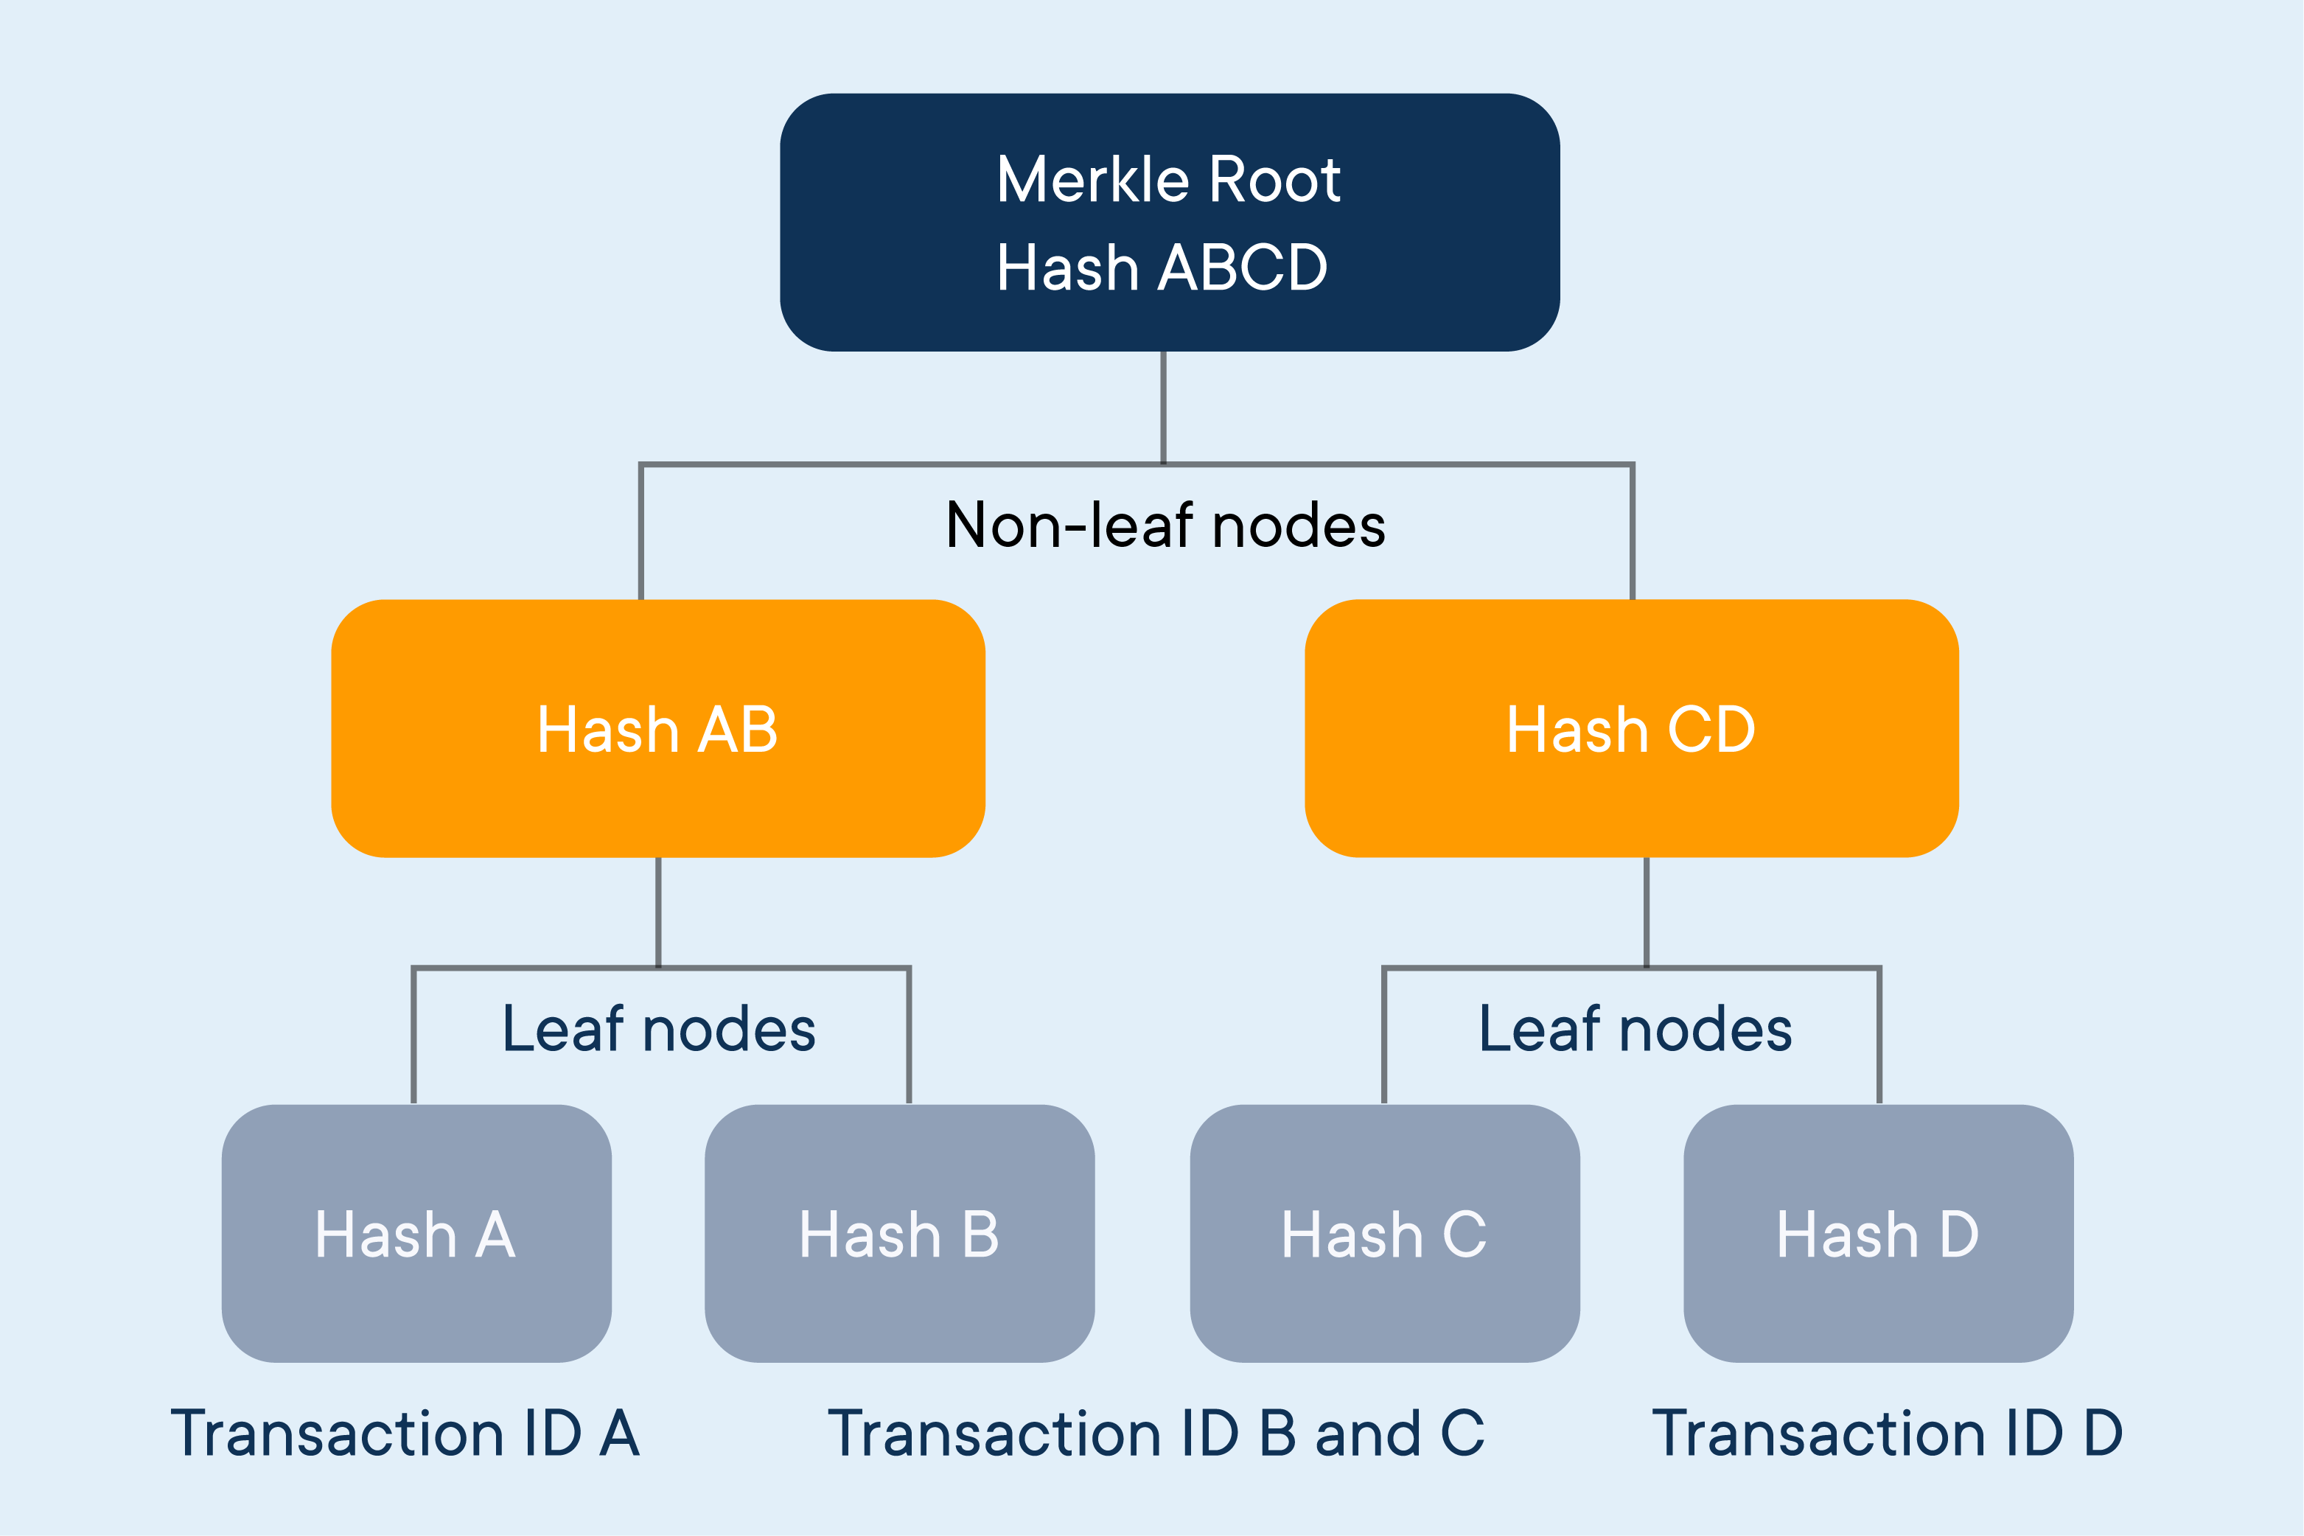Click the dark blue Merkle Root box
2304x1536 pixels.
coord(1170,223)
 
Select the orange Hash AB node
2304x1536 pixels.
coord(658,728)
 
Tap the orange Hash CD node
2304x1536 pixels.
coord(1632,728)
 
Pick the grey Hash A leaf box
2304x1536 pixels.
coord(416,1233)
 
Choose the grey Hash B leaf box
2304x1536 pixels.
coord(899,1233)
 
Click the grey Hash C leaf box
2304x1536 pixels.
coord(1385,1233)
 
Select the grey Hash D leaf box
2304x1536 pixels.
coord(1879,1233)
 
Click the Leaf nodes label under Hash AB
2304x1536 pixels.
coord(659,1029)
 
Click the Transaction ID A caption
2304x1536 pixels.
coord(405,1433)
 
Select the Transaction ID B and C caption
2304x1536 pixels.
coord(1156,1433)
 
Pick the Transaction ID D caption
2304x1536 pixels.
coord(1888,1433)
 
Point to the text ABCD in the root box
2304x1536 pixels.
coord(1242,267)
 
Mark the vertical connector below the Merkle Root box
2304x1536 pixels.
coord(1164,408)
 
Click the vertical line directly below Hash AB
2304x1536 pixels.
coord(658,913)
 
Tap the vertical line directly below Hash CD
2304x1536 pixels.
coord(1647,913)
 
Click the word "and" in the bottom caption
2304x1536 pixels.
coord(1369,1433)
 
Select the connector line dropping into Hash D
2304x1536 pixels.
coord(1880,1036)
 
